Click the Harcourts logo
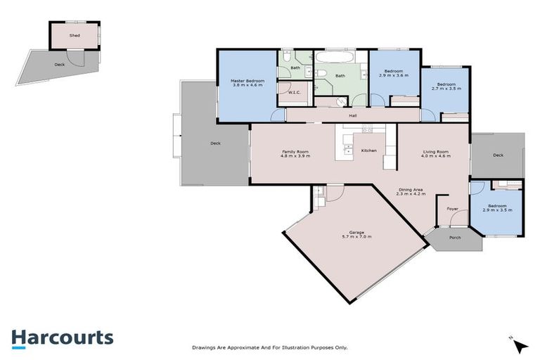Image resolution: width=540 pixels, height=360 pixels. [62, 337]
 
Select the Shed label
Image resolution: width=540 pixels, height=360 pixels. [74, 34]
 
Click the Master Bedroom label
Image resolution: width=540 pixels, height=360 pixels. [248, 83]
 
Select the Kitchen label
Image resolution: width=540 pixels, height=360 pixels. [369, 150]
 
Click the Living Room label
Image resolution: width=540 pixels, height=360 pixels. [435, 153]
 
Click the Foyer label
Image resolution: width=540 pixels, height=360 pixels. [453, 209]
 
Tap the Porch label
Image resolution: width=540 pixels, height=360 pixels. [455, 238]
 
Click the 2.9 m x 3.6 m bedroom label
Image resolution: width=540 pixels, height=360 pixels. [393, 73]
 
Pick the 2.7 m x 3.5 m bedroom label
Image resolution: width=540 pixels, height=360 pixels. [445, 86]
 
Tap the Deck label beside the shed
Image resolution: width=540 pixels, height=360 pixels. [60, 65]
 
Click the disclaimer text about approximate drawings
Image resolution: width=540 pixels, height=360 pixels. [270, 347]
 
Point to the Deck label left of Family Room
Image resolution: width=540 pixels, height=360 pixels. [215, 143]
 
